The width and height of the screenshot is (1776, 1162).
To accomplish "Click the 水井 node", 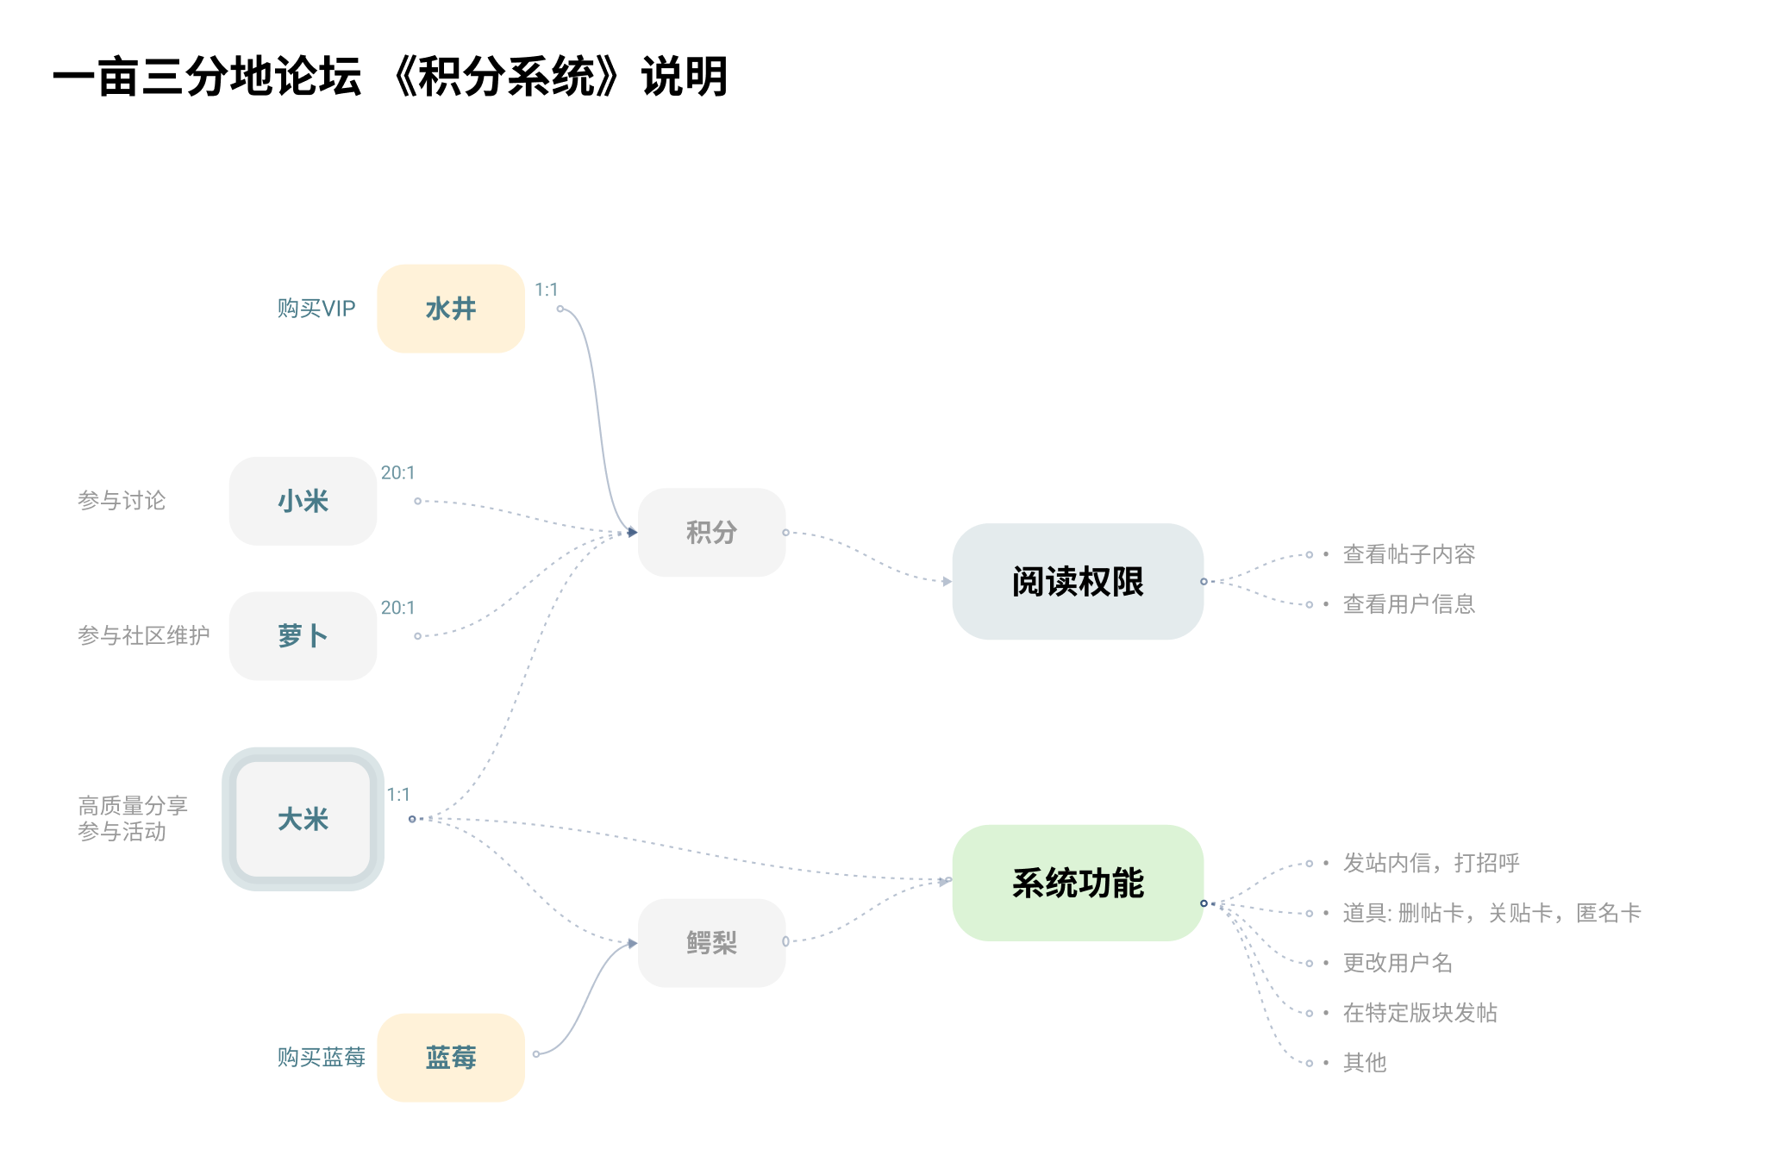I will click(x=451, y=309).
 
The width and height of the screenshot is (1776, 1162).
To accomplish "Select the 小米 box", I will click(x=303, y=501).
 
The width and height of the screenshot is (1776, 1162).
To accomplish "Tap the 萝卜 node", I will click(x=303, y=636).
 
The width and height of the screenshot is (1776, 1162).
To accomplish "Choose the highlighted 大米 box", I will click(x=303, y=819).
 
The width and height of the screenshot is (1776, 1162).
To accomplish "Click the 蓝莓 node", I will click(x=451, y=1057).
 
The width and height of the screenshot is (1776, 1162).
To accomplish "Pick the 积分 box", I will click(x=711, y=533).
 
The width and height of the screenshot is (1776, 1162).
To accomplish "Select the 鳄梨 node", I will click(x=711, y=943).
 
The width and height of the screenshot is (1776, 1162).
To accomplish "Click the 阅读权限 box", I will click(x=1078, y=582).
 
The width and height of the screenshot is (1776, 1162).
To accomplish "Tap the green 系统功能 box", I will click(x=1078, y=883).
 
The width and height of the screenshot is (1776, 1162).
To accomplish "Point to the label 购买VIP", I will click(x=316, y=309).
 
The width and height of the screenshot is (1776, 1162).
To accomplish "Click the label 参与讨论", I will click(x=122, y=501).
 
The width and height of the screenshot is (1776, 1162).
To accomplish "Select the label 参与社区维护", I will click(x=144, y=636).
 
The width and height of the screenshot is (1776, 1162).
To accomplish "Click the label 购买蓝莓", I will click(x=322, y=1057).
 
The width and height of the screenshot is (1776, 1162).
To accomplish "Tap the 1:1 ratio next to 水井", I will click(x=547, y=290).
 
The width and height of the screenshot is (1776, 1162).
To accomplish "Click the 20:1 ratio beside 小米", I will click(x=398, y=472).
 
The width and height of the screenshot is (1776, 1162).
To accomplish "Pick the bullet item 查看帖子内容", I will click(x=1409, y=554).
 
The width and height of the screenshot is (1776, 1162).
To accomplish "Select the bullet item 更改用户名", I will click(x=1398, y=963).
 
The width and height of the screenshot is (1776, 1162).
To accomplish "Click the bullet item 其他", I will click(x=1365, y=1063).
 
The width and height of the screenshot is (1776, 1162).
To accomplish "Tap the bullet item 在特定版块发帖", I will click(x=1420, y=1013).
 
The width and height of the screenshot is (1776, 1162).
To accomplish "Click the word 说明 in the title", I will click(x=685, y=77).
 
